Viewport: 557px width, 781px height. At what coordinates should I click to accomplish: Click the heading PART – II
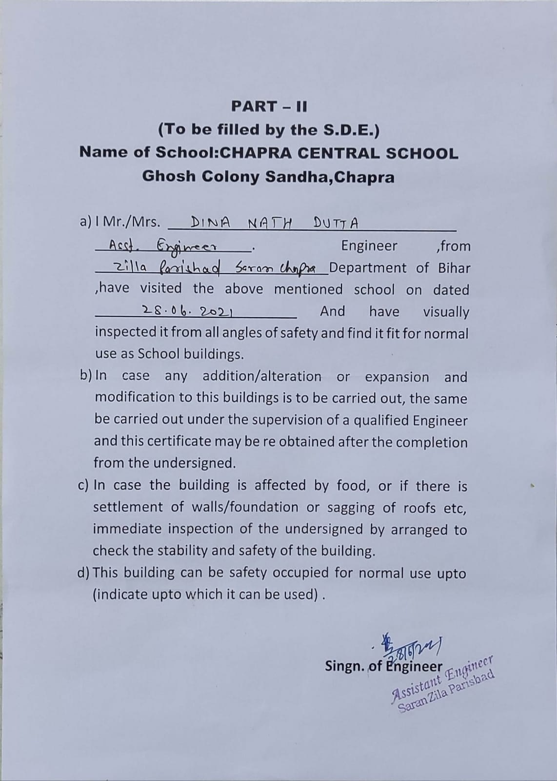click(x=269, y=106)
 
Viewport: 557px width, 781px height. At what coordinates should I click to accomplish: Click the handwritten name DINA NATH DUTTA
click(x=274, y=224)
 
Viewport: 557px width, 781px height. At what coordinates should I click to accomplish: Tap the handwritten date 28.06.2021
click(x=187, y=310)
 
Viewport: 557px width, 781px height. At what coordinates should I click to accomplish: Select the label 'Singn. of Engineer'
click(x=383, y=666)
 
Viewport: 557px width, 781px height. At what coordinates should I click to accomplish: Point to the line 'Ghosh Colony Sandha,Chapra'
click(x=268, y=176)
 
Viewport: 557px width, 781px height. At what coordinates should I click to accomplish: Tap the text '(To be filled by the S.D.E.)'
click(x=269, y=129)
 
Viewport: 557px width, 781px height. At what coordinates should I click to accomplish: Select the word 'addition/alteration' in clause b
click(x=262, y=376)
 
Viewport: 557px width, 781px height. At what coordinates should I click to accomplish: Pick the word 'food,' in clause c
click(x=354, y=486)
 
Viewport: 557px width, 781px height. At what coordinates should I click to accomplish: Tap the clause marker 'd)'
click(x=84, y=572)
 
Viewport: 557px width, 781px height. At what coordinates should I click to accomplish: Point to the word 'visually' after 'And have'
click(x=446, y=311)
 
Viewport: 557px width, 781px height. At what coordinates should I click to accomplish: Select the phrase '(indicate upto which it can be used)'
click(x=205, y=594)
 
